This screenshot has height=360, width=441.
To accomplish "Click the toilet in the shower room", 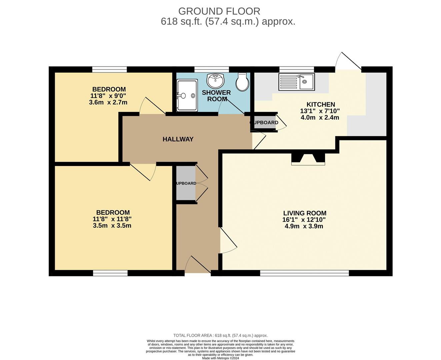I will tap(242, 82).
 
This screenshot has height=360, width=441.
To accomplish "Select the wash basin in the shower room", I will tap(215, 80).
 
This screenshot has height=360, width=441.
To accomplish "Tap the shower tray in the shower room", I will tap(187, 95).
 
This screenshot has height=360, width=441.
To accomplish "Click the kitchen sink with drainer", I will tap(296, 82).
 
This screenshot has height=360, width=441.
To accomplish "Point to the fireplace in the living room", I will tap(308, 159).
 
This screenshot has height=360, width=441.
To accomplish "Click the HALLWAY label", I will tap(178, 139).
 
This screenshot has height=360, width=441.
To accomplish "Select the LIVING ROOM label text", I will tap(305, 213).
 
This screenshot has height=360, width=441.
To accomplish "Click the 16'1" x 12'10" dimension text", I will tap(304, 220).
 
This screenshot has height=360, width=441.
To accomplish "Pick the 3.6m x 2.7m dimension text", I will tap(108, 102).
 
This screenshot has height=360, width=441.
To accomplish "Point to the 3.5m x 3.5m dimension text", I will tap(112, 226).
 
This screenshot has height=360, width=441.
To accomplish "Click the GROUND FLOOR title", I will tap(219, 11).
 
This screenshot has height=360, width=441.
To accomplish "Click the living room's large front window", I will tap(304, 273).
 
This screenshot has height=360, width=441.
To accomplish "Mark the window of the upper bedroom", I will tap(109, 69).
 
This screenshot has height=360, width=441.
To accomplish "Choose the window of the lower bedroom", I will tap(110, 273).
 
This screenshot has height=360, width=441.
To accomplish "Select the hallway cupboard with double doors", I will tap(186, 183).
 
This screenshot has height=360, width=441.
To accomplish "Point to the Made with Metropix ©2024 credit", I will tap(220, 358).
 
